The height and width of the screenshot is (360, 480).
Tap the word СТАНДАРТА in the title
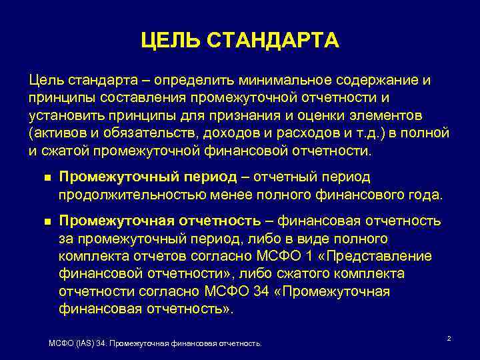(x=273, y=41)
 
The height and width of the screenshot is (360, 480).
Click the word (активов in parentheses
(x=55, y=133)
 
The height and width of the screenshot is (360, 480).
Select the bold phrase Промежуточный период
(x=147, y=177)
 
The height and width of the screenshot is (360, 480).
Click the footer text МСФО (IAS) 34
(x=79, y=343)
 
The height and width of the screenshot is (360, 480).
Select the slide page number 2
(x=449, y=339)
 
